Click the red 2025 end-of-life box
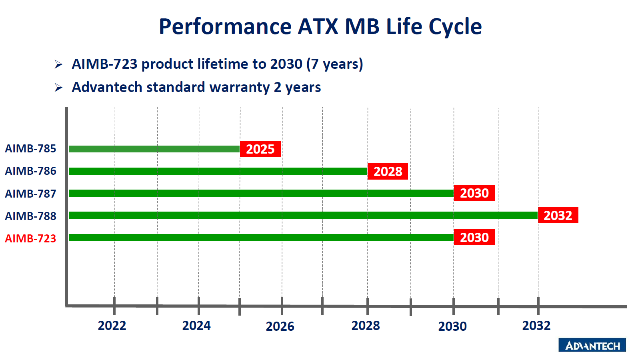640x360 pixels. click(x=260, y=149)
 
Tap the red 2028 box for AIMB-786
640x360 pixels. click(x=388, y=172)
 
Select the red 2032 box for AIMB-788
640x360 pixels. click(x=558, y=215)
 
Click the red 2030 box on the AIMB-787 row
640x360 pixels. click(x=474, y=193)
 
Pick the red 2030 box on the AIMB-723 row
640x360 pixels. click(x=474, y=237)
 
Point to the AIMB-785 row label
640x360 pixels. click(x=30, y=148)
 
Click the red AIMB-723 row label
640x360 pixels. click(x=30, y=238)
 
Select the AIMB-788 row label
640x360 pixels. click(x=30, y=216)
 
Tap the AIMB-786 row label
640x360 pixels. click(x=30, y=171)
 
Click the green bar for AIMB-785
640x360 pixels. click(x=154, y=149)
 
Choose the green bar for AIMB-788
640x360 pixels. click(x=304, y=215)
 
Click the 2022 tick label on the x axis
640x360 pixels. click(x=112, y=326)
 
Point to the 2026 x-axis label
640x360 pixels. click(x=280, y=326)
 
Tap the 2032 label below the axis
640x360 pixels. click(x=536, y=326)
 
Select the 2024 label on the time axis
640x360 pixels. click(x=196, y=326)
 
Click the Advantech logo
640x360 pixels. click(x=592, y=345)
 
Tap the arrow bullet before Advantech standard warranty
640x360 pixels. click(x=58, y=88)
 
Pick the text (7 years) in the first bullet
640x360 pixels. click(x=334, y=64)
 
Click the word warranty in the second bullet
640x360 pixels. click(x=240, y=88)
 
